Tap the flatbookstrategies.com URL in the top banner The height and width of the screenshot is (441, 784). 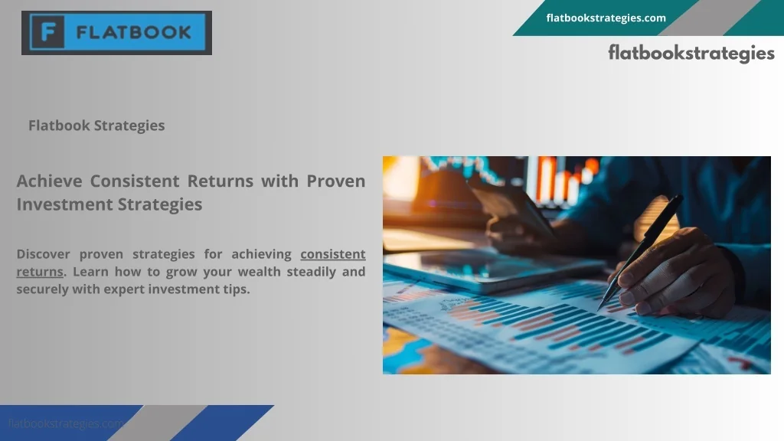point(606,18)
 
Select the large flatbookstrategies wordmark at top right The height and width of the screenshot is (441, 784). point(691,53)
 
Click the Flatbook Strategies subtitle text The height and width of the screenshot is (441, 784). point(96,126)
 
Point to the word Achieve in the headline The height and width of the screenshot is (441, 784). point(50,181)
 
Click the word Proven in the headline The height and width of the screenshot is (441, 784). point(335,181)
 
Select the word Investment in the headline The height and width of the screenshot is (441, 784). point(65,204)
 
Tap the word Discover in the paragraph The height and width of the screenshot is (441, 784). point(43,254)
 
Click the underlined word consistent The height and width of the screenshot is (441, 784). point(332,254)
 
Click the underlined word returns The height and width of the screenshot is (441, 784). point(40,272)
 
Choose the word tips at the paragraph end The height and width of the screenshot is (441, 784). point(236,289)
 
